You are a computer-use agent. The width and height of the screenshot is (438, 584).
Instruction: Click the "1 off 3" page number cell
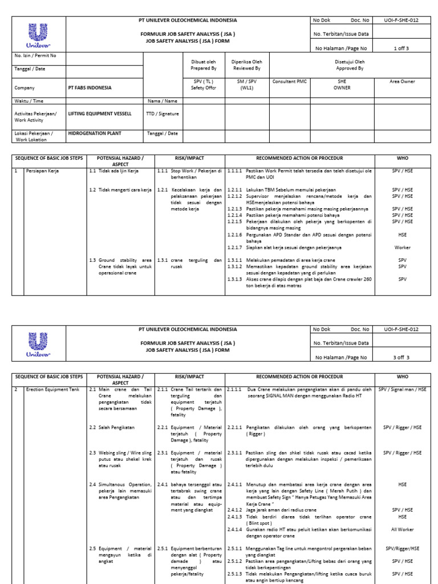(x=402, y=48)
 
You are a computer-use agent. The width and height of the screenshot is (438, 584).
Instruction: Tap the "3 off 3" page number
(x=401, y=358)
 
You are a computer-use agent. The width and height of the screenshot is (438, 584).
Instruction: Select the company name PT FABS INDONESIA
(x=90, y=88)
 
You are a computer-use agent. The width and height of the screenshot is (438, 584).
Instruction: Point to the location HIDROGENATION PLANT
(x=94, y=133)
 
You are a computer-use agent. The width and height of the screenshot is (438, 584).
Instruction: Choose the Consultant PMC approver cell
(x=289, y=82)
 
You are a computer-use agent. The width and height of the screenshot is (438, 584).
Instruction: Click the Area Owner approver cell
(x=402, y=82)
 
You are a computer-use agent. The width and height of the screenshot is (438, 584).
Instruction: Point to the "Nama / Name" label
(x=162, y=101)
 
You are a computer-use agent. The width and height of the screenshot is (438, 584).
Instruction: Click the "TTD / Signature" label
(x=162, y=113)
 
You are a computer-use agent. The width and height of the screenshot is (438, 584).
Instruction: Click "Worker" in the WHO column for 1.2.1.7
(x=402, y=248)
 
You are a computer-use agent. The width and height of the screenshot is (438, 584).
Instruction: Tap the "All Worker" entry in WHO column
(x=402, y=530)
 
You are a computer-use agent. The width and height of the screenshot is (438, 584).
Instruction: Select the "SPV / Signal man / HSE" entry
(x=402, y=390)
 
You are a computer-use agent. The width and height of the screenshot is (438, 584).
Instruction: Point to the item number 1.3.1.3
(x=235, y=279)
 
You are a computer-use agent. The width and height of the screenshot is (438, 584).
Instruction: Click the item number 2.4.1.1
(x=235, y=484)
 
